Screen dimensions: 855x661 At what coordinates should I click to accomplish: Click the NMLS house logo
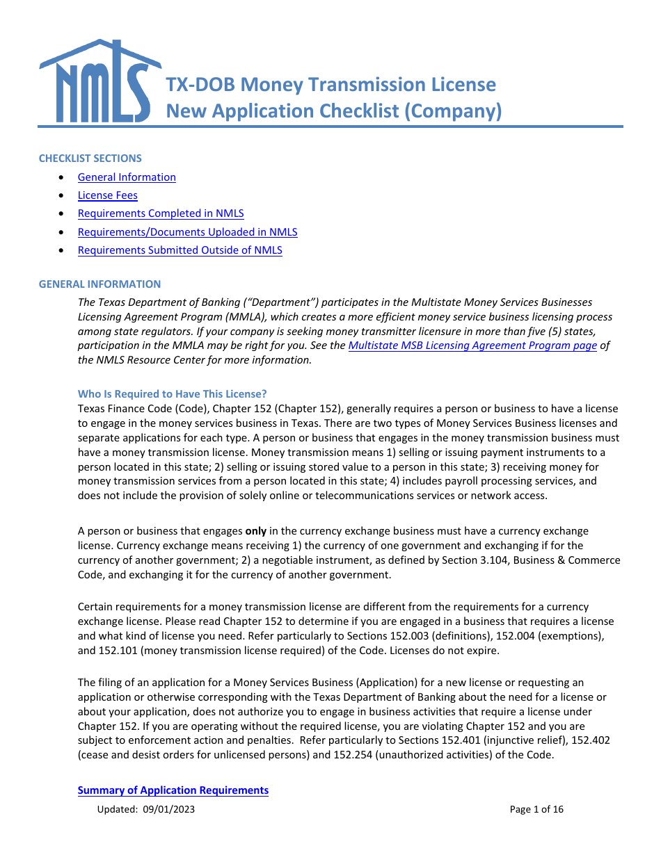click(x=97, y=82)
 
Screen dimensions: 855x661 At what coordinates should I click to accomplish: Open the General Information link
click(x=127, y=177)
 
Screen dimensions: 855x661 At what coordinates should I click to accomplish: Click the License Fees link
click(x=107, y=195)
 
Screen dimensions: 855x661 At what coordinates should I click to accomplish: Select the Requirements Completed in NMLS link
click(x=161, y=213)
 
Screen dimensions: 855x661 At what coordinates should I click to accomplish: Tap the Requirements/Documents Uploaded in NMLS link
click(x=187, y=232)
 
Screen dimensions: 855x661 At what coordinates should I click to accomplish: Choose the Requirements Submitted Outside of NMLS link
click(x=180, y=250)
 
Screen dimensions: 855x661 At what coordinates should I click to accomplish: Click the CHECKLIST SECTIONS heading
click(x=90, y=158)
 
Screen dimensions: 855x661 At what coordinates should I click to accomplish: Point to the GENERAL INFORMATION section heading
click(x=99, y=284)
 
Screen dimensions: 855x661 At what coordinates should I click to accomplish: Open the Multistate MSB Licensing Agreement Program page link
click(x=472, y=345)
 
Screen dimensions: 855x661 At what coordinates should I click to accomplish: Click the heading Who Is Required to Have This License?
click(x=172, y=394)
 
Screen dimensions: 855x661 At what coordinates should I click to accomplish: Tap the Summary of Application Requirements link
click(x=173, y=790)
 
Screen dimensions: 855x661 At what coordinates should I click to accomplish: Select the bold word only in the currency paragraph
click(x=256, y=531)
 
